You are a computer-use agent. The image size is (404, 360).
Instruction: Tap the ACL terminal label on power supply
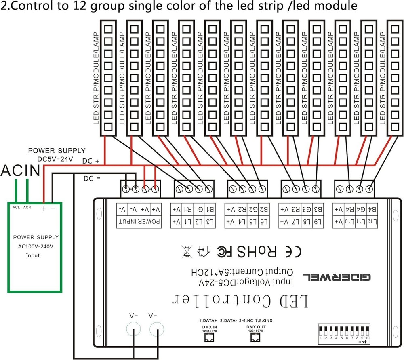(16, 207)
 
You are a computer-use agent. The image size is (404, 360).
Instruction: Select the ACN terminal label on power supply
(27, 207)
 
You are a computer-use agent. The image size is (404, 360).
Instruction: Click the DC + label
(91, 161)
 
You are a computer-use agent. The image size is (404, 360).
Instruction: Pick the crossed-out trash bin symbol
(187, 252)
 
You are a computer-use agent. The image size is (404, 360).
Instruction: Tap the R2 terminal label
(242, 209)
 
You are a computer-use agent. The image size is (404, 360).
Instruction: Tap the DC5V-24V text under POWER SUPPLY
(56, 158)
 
